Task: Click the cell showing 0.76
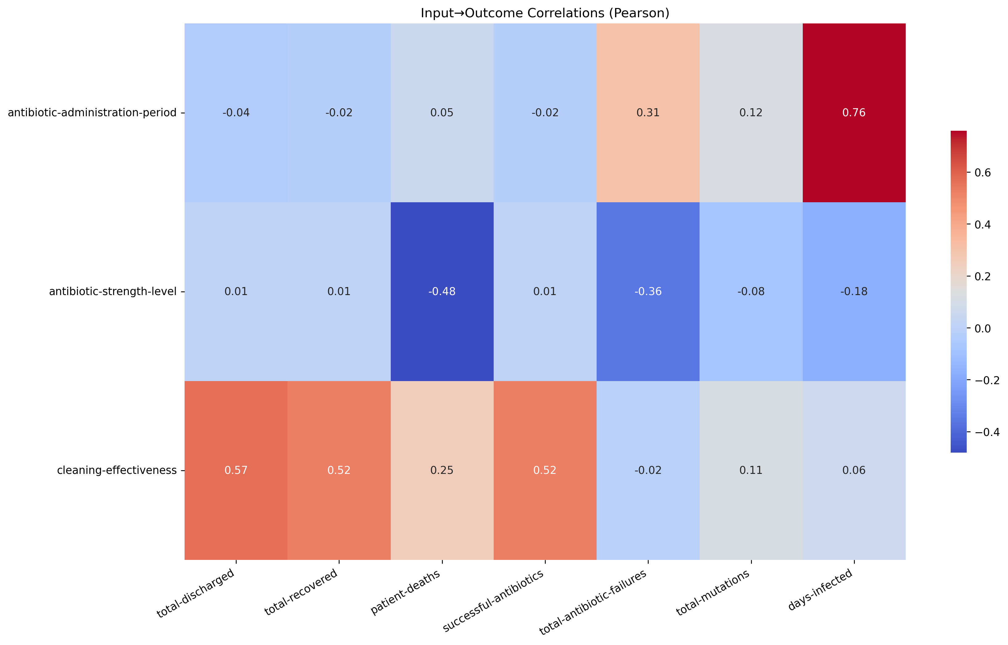(x=854, y=113)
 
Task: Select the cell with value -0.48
(x=442, y=291)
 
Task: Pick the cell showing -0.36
(x=648, y=291)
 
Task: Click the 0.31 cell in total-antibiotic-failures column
(x=648, y=113)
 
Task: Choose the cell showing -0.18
(x=854, y=291)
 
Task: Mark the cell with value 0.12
(x=751, y=113)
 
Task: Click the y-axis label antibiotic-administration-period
(x=92, y=113)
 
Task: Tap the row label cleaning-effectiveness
(x=117, y=470)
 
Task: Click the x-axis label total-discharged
(x=196, y=594)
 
